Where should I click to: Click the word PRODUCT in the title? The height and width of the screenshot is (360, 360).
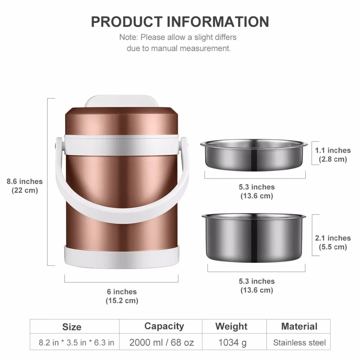[x=127, y=22]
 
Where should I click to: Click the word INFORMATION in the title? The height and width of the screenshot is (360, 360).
[x=218, y=22]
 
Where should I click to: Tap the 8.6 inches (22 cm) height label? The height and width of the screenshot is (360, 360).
[x=24, y=186]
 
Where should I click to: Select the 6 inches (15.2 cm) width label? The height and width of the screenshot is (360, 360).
[x=122, y=296]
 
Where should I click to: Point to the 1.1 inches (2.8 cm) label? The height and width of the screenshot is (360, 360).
[x=333, y=155]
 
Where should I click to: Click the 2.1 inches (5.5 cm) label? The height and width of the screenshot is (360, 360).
[x=333, y=242]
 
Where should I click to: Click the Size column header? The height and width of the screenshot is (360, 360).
[x=72, y=327]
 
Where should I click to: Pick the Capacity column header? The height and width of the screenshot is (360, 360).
[x=164, y=326]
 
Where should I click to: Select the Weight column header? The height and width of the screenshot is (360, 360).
[x=231, y=326]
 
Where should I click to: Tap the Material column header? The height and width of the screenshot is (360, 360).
[x=299, y=326]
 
